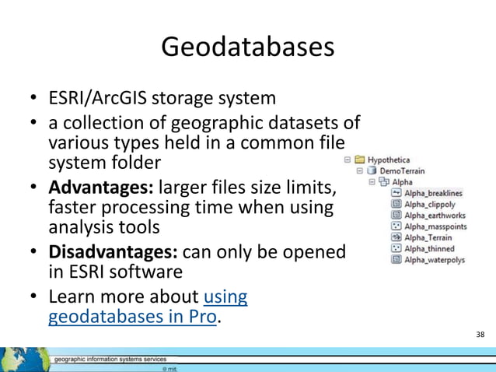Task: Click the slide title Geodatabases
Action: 247,47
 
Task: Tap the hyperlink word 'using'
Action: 225,297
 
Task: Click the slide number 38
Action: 480,335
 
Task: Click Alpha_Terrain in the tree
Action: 428,237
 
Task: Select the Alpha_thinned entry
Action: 429,248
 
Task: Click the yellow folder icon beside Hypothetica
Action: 360,160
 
